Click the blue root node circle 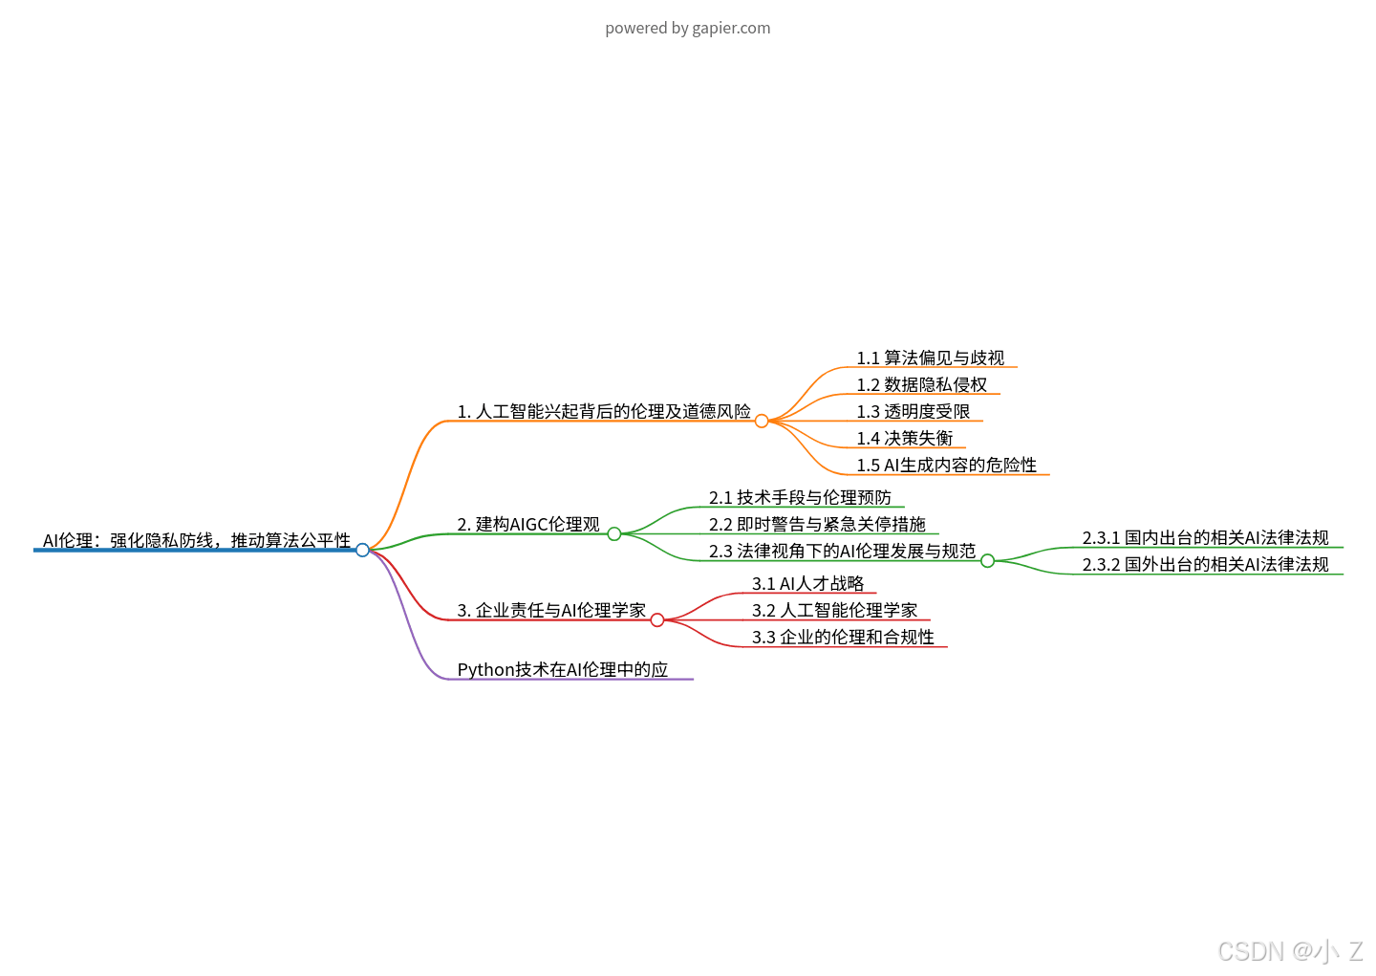tap(362, 550)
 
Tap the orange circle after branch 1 tap(762, 421)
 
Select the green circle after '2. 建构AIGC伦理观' tap(614, 533)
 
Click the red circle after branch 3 tap(657, 619)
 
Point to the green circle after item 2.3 tap(988, 560)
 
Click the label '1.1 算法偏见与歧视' tap(930, 358)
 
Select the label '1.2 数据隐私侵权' tap(921, 385)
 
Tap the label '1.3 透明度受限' tap(913, 412)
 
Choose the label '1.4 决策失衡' tap(904, 439)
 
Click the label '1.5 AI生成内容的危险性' tap(946, 466)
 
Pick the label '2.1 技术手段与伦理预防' tap(800, 498)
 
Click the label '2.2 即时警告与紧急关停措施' tap(817, 525)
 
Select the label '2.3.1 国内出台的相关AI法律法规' tap(1205, 538)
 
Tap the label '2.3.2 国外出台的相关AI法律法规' tap(1205, 565)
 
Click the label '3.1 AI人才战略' tap(807, 584)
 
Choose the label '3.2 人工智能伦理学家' tap(834, 611)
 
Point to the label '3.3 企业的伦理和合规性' tap(843, 638)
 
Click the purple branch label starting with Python tap(562, 670)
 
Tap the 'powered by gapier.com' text tap(687, 28)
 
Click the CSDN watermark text tap(1289, 951)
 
